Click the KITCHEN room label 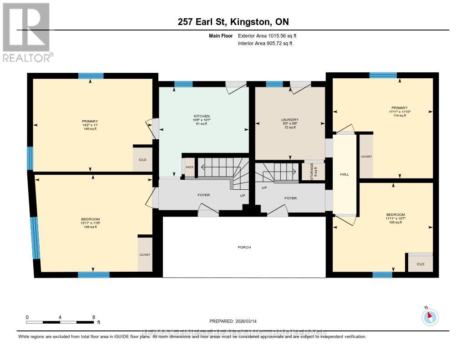[x=202, y=116]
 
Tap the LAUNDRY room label [x=289, y=120]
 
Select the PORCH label [x=244, y=248]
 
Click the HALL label [x=344, y=174]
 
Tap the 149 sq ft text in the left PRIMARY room [x=90, y=129]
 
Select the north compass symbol [x=429, y=316]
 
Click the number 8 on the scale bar [x=93, y=317]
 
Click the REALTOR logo [x=26, y=32]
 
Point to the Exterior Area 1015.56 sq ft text [x=268, y=35]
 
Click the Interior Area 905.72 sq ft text [x=265, y=43]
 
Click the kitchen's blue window [x=184, y=84]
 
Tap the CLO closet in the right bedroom [x=420, y=264]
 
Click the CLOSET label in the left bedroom [x=145, y=255]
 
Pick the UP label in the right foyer [x=264, y=187]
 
